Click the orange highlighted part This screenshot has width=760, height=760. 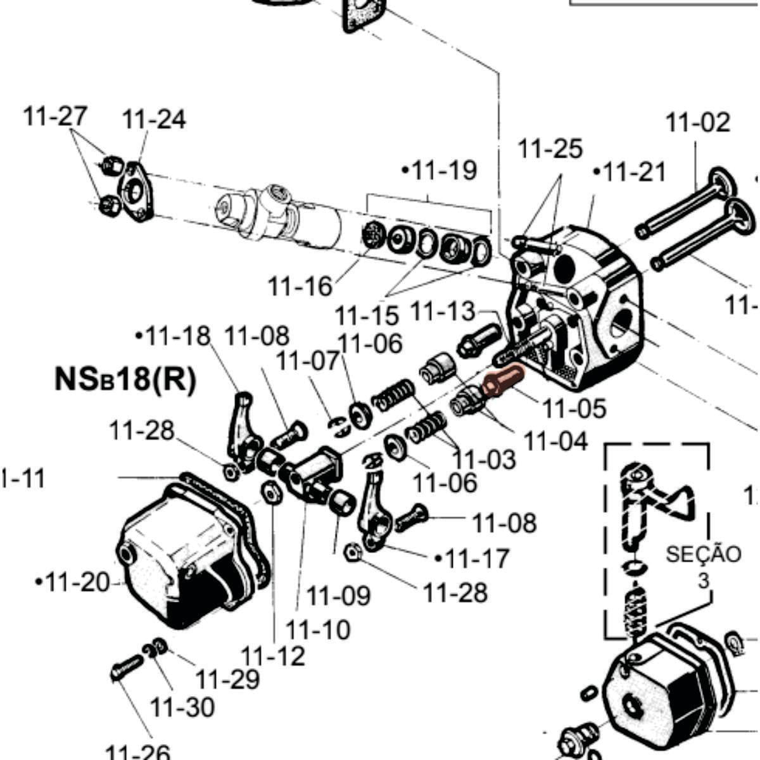point(501,381)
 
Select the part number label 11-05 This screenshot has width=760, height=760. point(573,408)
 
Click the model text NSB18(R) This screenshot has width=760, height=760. point(125,380)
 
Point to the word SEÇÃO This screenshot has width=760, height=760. point(703,554)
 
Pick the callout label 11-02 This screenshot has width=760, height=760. point(697,122)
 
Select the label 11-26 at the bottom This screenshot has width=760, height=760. point(137,752)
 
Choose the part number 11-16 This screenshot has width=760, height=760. point(300,286)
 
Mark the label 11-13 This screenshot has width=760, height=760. point(443,311)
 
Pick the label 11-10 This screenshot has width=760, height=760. point(317,630)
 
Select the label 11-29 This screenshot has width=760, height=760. point(227,679)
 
